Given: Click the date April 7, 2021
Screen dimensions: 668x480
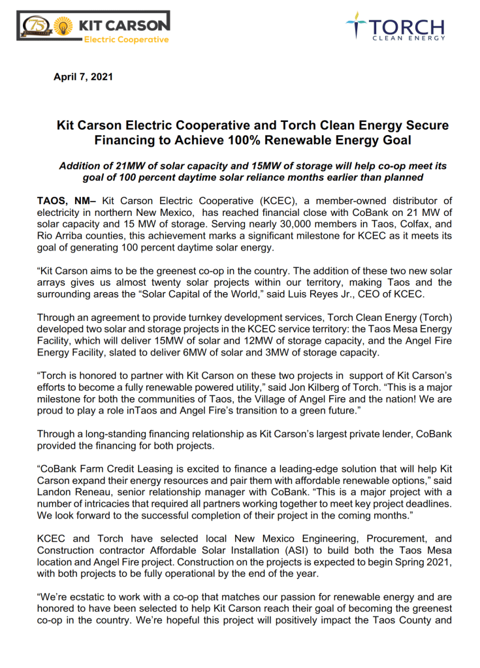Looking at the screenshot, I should click(83, 77).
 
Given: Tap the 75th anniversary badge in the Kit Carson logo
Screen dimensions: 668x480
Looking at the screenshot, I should click(35, 26).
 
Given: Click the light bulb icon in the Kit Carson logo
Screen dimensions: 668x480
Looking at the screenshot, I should click(62, 26).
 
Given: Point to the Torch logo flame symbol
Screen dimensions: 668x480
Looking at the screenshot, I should click(355, 27).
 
